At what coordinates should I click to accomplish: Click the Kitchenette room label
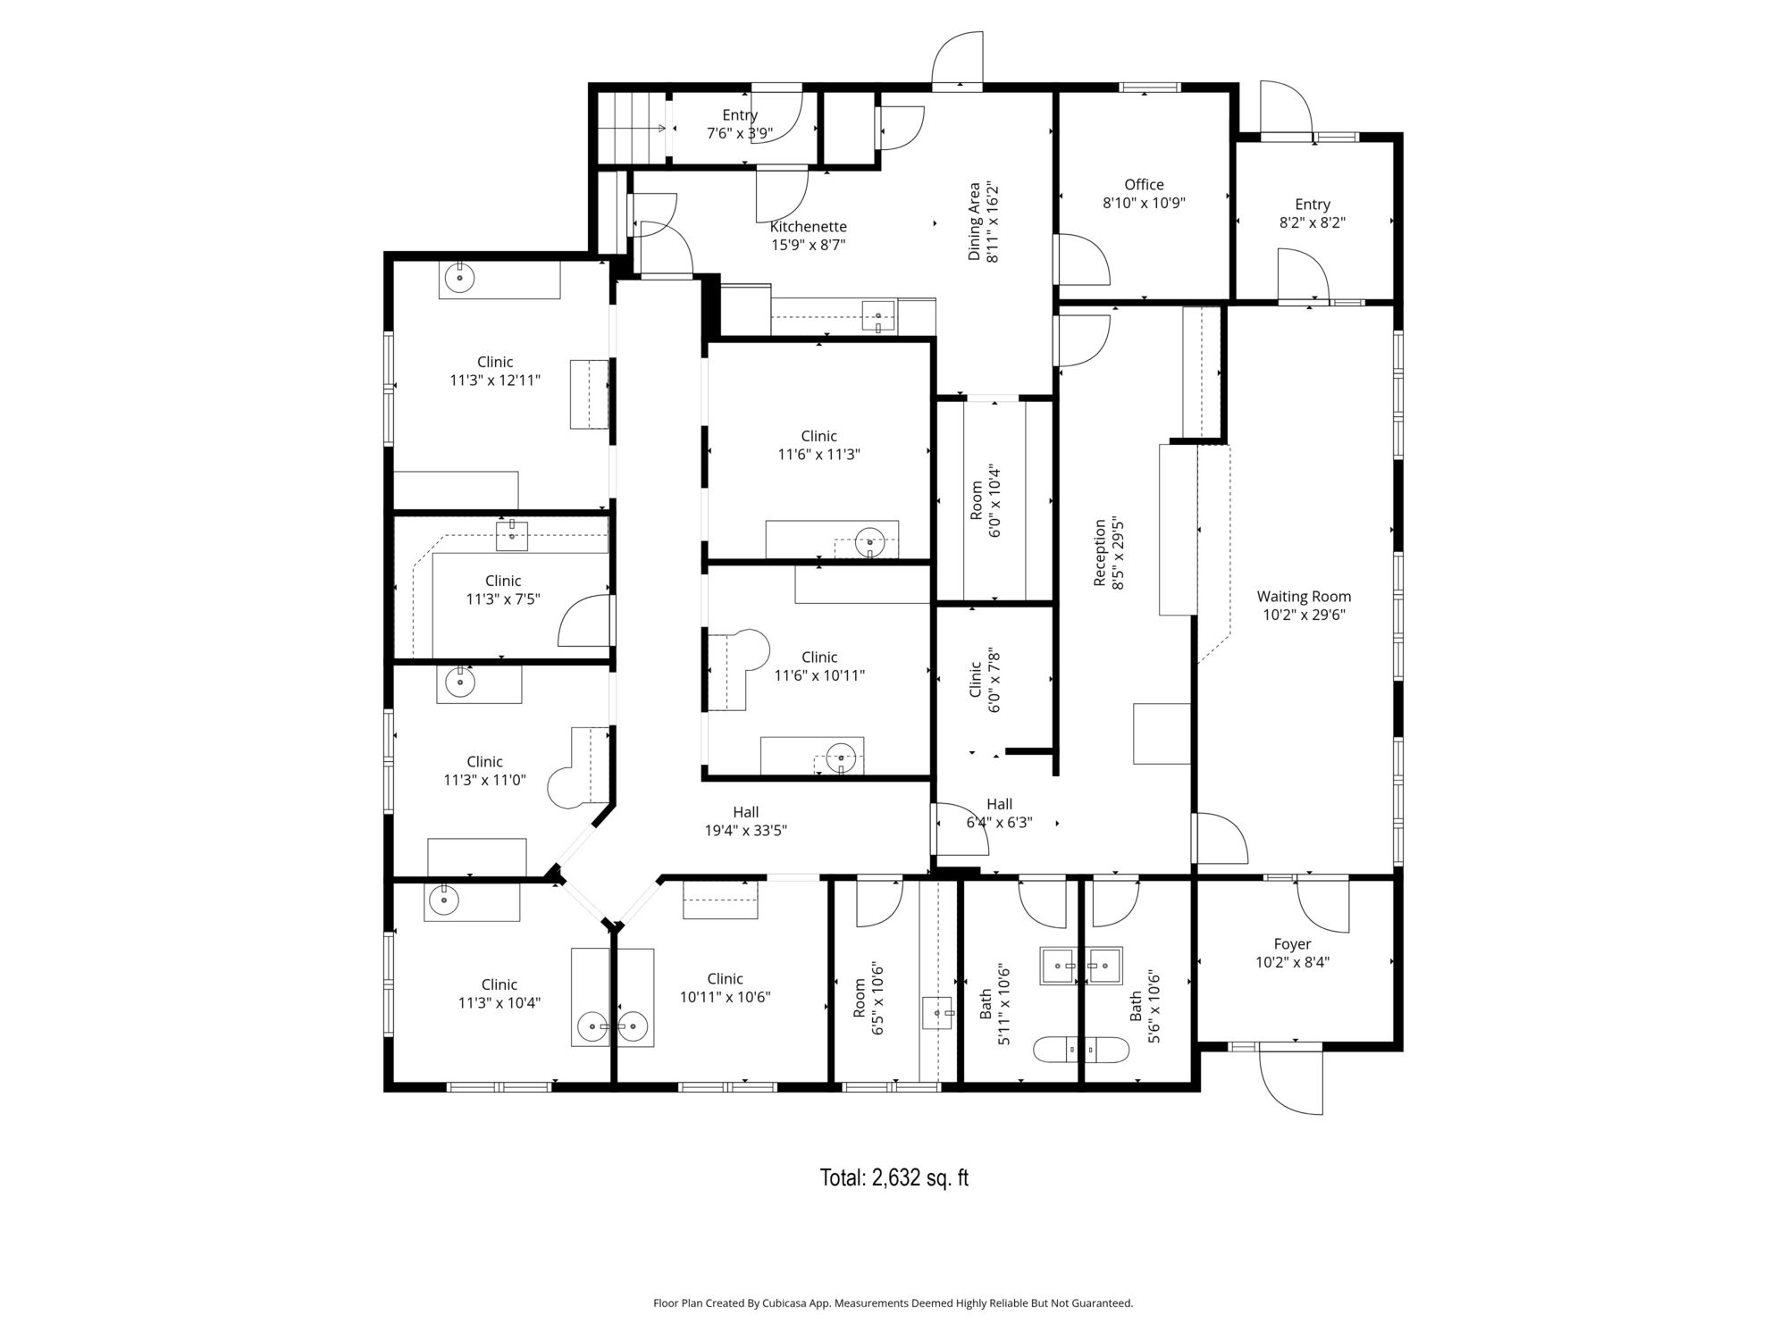tap(809, 236)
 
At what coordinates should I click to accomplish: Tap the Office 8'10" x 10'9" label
tap(1144, 194)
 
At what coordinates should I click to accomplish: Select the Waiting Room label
tap(1304, 606)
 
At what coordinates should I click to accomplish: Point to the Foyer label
tap(1292, 953)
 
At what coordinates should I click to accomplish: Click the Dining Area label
tap(983, 222)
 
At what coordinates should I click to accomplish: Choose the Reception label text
tap(1108, 553)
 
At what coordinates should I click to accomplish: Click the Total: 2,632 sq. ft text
tap(893, 1177)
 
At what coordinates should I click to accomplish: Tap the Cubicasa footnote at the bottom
tap(893, 1303)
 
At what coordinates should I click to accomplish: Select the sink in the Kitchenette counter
tap(878, 316)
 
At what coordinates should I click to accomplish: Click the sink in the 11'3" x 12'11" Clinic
tap(459, 279)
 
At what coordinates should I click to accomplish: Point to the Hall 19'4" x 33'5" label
tap(745, 821)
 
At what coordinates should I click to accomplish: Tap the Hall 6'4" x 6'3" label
tap(999, 813)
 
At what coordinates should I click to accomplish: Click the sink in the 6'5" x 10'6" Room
tap(937, 1013)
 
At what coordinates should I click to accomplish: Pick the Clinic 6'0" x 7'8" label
tap(984, 681)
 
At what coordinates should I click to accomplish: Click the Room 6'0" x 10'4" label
tap(984, 500)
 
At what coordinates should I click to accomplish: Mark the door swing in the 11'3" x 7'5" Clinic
tap(585, 620)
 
